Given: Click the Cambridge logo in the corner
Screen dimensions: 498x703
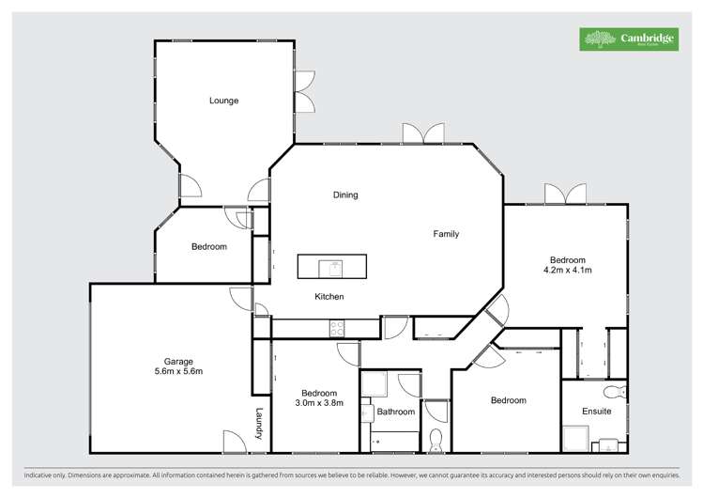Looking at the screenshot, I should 628,39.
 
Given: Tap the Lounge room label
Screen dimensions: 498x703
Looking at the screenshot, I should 223,101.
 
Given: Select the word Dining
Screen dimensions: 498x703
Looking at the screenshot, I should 345,195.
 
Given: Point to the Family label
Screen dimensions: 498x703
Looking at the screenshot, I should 446,234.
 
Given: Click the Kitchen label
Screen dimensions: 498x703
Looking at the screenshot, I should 329,297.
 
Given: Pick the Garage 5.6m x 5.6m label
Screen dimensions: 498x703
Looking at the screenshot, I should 178,366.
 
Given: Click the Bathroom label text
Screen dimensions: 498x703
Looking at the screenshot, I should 396,412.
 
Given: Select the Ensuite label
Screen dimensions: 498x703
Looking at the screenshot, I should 597,412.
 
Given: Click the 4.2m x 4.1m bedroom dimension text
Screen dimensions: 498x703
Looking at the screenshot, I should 568,271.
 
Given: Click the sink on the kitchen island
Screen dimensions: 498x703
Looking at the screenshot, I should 331,268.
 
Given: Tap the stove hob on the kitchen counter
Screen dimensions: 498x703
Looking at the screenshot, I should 337,328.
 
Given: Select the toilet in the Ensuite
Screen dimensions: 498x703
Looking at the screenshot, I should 616,392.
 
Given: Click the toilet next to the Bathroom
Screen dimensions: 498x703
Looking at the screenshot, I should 436,440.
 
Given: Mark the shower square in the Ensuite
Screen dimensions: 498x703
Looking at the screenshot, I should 575,439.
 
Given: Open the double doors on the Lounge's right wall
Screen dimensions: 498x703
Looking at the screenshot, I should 304,92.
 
